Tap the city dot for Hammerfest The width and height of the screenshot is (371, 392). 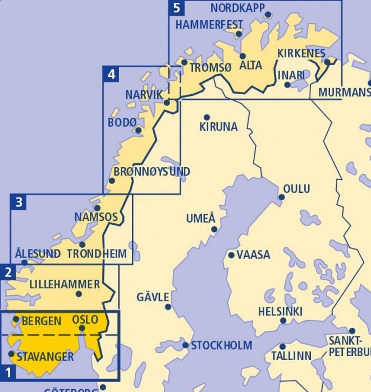point(239,34)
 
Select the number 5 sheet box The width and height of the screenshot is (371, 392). point(177,8)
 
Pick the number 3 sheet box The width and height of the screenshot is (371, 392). point(19,202)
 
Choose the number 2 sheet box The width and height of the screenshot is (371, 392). point(8,273)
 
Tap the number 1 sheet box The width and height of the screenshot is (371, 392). point(8,371)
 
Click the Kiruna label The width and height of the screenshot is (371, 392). point(218,127)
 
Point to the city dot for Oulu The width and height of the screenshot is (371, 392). point(282,197)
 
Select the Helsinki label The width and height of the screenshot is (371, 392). point(280,311)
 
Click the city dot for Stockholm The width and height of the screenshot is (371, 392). point(185,345)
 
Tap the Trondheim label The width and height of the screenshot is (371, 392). point(97,254)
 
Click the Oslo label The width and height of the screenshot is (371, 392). point(85,320)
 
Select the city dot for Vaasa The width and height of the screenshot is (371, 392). point(231,255)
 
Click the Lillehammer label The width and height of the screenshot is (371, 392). point(65,284)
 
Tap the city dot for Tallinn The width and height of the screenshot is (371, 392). point(283,347)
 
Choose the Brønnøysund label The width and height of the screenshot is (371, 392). point(152,172)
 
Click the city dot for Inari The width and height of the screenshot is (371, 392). point(287,85)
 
